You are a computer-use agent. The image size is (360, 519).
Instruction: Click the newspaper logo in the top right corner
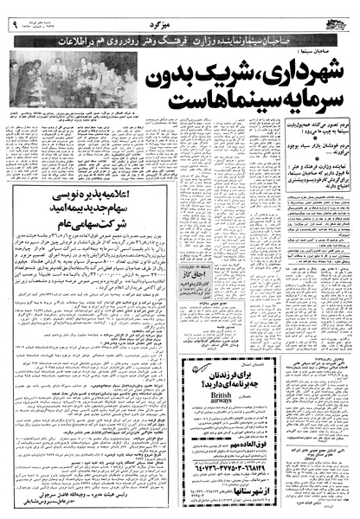pos(340,10)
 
